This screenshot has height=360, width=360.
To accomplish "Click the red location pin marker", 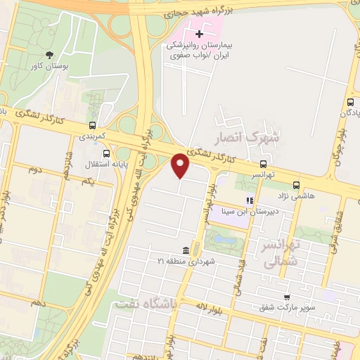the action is point(181,165).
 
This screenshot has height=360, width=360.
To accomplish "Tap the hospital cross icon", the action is point(200,33).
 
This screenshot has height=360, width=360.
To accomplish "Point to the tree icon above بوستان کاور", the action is point(49,55).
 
